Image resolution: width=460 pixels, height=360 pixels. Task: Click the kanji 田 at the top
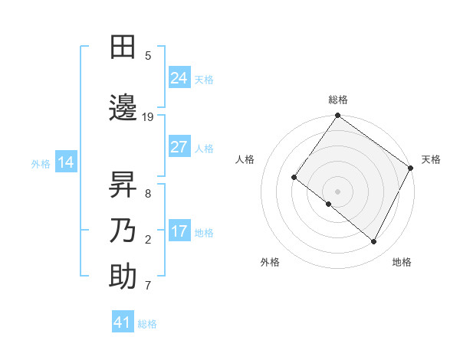pos(123,47)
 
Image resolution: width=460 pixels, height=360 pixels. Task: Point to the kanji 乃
pos(123,231)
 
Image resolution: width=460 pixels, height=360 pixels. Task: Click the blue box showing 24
pos(179,78)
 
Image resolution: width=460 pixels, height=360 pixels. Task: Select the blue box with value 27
pos(179,147)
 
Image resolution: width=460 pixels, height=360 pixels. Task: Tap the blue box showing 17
pos(179,231)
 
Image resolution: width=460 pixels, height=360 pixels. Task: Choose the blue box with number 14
pos(65,162)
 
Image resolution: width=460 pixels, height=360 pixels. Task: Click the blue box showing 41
pos(123,322)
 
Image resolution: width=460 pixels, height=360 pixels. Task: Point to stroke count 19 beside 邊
pos(148,117)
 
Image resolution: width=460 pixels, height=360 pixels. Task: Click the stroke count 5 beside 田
pos(148,56)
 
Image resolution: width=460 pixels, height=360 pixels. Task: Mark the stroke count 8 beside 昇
pos(148,193)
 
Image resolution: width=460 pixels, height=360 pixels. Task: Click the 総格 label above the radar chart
pos(338,100)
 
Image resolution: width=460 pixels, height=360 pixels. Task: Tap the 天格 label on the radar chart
pos(431,159)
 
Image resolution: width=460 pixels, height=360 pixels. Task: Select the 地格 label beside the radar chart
pos(402,262)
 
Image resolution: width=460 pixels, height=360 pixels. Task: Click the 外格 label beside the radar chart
pos(270,262)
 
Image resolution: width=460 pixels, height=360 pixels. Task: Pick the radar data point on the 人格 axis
pos(294,178)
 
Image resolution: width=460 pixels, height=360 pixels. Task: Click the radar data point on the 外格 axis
pos(329,204)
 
